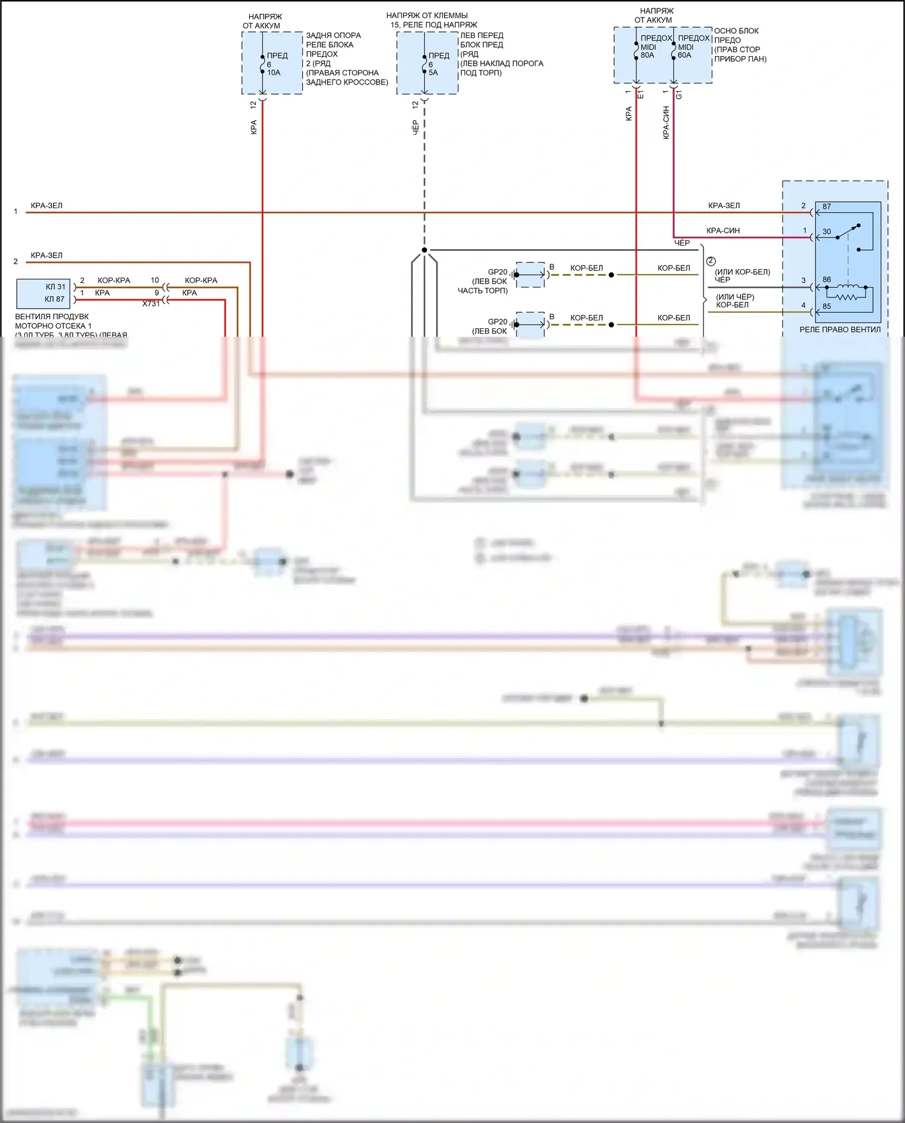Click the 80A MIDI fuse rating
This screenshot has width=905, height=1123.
coord(647,55)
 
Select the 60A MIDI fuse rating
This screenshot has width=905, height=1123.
coord(684,55)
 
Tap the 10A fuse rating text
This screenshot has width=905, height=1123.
coord(274,72)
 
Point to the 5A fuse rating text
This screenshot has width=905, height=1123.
coord(433,72)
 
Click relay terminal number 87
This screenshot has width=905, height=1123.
coord(827,206)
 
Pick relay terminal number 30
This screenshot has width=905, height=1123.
coord(827,231)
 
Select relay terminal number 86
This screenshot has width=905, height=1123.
coord(827,280)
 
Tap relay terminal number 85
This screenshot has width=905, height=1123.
coord(827,306)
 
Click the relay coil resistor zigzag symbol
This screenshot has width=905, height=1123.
coord(846,296)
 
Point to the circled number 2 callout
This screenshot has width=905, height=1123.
coord(711,261)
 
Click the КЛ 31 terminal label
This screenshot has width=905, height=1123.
coord(55,287)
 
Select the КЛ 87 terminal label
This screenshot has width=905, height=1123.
coord(55,299)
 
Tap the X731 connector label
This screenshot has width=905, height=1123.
coord(151,304)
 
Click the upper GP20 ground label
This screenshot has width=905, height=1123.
coord(497,272)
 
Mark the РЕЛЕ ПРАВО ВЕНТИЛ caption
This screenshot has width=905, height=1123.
coord(840,329)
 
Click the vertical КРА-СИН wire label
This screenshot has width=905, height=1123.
coord(666,122)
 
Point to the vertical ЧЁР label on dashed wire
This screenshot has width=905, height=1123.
coord(416,127)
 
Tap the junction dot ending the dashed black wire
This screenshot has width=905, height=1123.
coord(424,250)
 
